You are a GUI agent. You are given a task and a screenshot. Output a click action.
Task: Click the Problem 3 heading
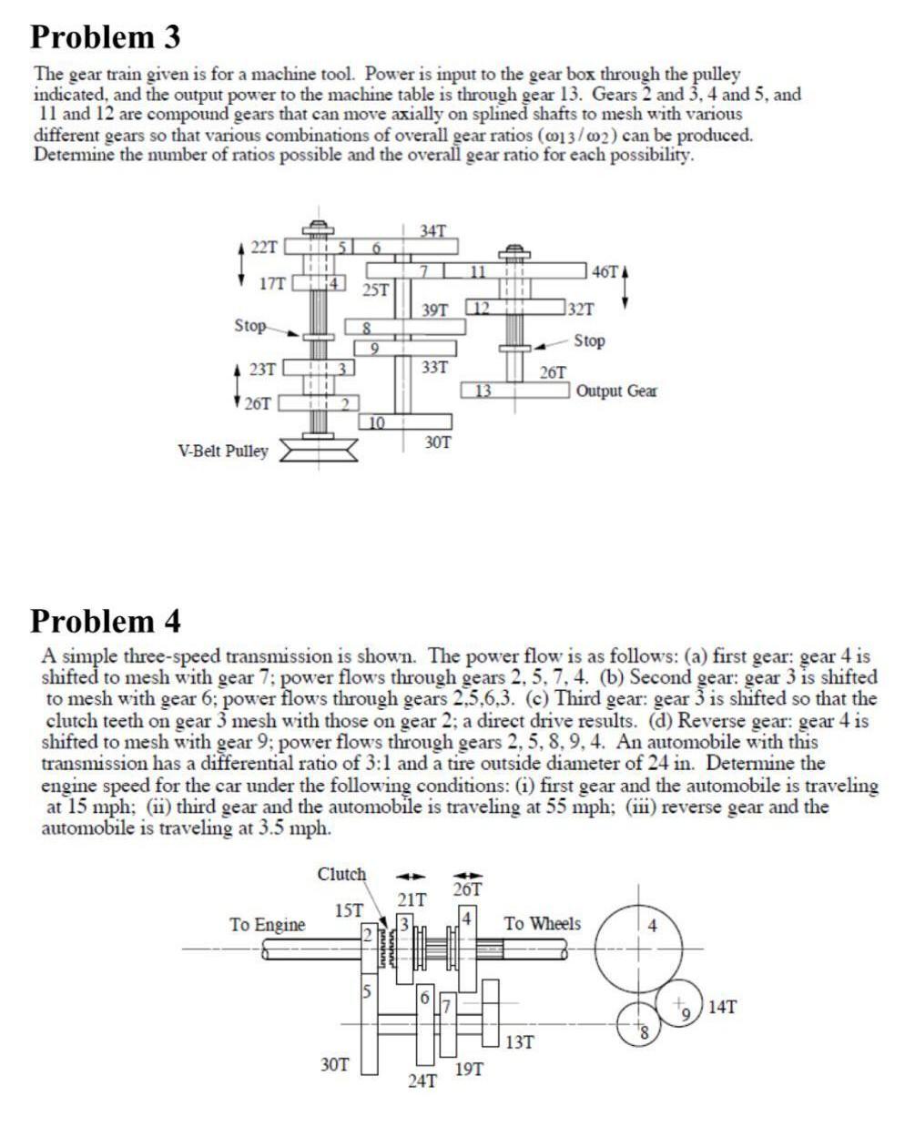[106, 37]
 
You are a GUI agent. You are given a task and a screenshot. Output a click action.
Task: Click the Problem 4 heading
[106, 621]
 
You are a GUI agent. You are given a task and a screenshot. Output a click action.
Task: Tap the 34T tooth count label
[433, 230]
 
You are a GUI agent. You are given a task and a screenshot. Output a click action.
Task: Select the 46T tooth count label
[605, 272]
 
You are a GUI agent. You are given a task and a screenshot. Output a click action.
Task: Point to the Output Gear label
[616, 391]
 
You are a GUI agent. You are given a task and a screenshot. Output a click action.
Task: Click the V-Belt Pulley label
[223, 451]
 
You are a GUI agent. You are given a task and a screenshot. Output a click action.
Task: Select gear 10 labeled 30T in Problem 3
[410, 421]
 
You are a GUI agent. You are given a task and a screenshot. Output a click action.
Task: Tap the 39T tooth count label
[435, 310]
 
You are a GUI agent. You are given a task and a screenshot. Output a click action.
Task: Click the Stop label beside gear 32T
[589, 340]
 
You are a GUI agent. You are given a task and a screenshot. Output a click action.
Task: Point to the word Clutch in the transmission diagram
[341, 875]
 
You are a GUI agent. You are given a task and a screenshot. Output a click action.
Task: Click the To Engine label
[267, 925]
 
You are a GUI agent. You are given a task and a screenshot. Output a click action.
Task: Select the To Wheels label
[543, 924]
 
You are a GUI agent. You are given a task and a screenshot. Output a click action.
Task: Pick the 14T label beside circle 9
[722, 1007]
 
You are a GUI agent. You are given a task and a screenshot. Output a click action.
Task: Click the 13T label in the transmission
[520, 1042]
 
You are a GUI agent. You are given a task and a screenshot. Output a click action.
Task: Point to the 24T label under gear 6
[422, 1082]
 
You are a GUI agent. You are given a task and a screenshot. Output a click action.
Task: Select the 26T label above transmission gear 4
[467, 888]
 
